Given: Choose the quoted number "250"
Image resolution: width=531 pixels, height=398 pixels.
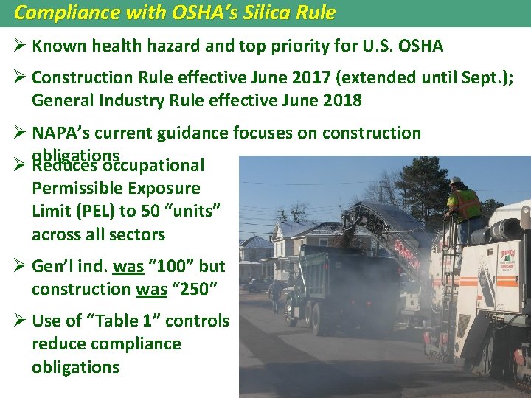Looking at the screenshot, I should [194, 289].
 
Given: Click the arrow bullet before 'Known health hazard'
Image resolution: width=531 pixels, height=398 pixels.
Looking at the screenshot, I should [19, 46].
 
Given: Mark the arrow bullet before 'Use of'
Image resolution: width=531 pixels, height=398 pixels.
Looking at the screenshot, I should [19, 321].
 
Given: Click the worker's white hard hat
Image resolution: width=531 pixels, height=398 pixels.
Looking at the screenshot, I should [457, 181].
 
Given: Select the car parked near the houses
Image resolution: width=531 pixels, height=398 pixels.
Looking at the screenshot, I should [258, 285].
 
